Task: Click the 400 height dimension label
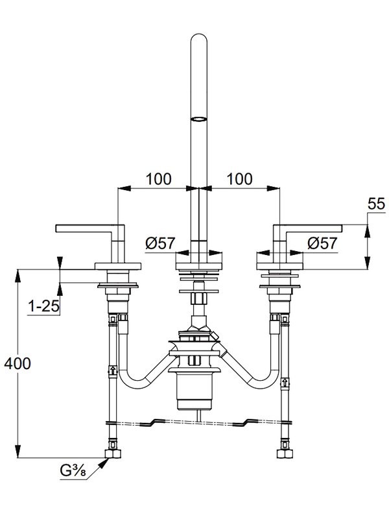(17, 364)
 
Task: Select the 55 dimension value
(376, 205)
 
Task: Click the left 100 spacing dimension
(158, 179)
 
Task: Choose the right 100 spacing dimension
(239, 179)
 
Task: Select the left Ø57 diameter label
(159, 244)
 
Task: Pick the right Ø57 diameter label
(322, 244)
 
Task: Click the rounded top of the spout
(198, 40)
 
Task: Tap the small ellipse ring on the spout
(198, 119)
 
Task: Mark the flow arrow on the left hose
(114, 372)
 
